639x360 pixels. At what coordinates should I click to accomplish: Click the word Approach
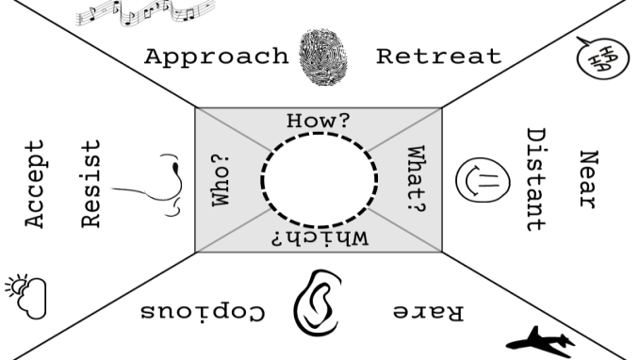pyautogui.click(x=217, y=57)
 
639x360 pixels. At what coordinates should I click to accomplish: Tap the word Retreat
pyautogui.click(x=438, y=57)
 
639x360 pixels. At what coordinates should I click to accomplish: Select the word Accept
pyautogui.click(x=35, y=184)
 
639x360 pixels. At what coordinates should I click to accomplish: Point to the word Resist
pyautogui.click(x=90, y=184)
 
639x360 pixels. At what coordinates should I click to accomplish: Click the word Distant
pyautogui.click(x=536, y=180)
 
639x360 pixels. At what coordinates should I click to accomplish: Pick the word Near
pyautogui.click(x=588, y=179)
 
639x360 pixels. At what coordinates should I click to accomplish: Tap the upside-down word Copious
pyautogui.click(x=203, y=311)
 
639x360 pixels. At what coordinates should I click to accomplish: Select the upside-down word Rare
pyautogui.click(x=428, y=312)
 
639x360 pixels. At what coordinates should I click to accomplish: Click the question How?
pyautogui.click(x=319, y=121)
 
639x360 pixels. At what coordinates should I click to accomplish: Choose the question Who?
pyautogui.click(x=221, y=180)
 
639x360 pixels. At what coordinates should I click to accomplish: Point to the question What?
pyautogui.click(x=417, y=179)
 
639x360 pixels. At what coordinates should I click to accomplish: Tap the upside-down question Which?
pyautogui.click(x=320, y=238)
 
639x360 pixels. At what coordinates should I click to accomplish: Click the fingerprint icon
pyautogui.click(x=323, y=57)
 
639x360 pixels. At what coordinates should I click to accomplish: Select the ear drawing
pyautogui.click(x=317, y=303)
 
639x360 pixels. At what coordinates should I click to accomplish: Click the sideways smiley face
pyautogui.click(x=483, y=180)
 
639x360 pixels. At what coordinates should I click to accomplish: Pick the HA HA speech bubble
pyautogui.click(x=602, y=57)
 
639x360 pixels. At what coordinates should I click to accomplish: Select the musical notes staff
pyautogui.click(x=145, y=12)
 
